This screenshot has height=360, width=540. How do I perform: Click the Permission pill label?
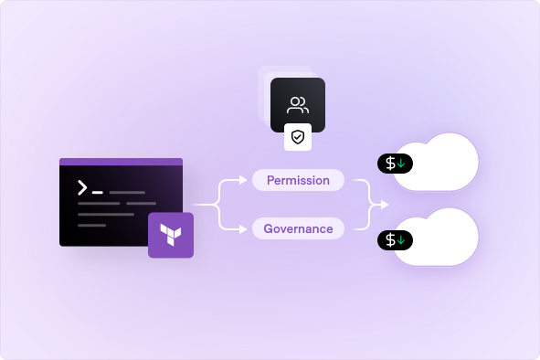click(x=298, y=180)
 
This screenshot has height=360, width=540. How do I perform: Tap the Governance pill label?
click(x=298, y=228)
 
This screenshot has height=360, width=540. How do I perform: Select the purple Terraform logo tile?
click(x=171, y=235)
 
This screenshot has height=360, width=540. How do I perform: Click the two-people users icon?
click(x=298, y=104)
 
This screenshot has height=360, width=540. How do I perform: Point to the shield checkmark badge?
click(x=298, y=137)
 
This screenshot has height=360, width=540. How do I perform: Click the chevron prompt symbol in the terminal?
click(x=82, y=188)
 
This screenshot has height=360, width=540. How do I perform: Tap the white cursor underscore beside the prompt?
click(x=98, y=193)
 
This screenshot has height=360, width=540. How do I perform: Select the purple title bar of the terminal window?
click(x=121, y=162)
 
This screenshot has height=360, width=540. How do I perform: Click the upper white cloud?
click(x=434, y=163)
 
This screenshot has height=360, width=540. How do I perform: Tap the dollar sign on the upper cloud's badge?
click(x=390, y=164)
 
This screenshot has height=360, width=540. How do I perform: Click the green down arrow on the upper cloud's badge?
click(x=402, y=164)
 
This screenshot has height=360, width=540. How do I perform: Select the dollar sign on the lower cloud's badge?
click(x=390, y=240)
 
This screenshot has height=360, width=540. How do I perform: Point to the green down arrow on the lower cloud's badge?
click(x=402, y=240)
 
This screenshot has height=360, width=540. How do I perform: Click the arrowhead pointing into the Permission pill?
click(x=248, y=181)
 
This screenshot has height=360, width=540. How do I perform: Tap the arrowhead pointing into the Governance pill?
click(x=248, y=228)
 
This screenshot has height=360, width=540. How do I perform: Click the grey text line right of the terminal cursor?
click(x=127, y=193)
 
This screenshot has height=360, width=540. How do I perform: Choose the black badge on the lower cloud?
click(x=396, y=240)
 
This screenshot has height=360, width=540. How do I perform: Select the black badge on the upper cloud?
click(x=396, y=164)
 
